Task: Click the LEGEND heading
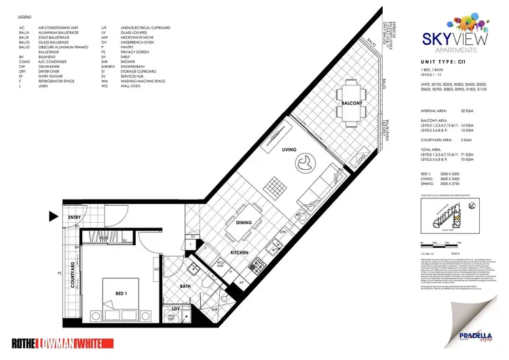click(24, 14)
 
